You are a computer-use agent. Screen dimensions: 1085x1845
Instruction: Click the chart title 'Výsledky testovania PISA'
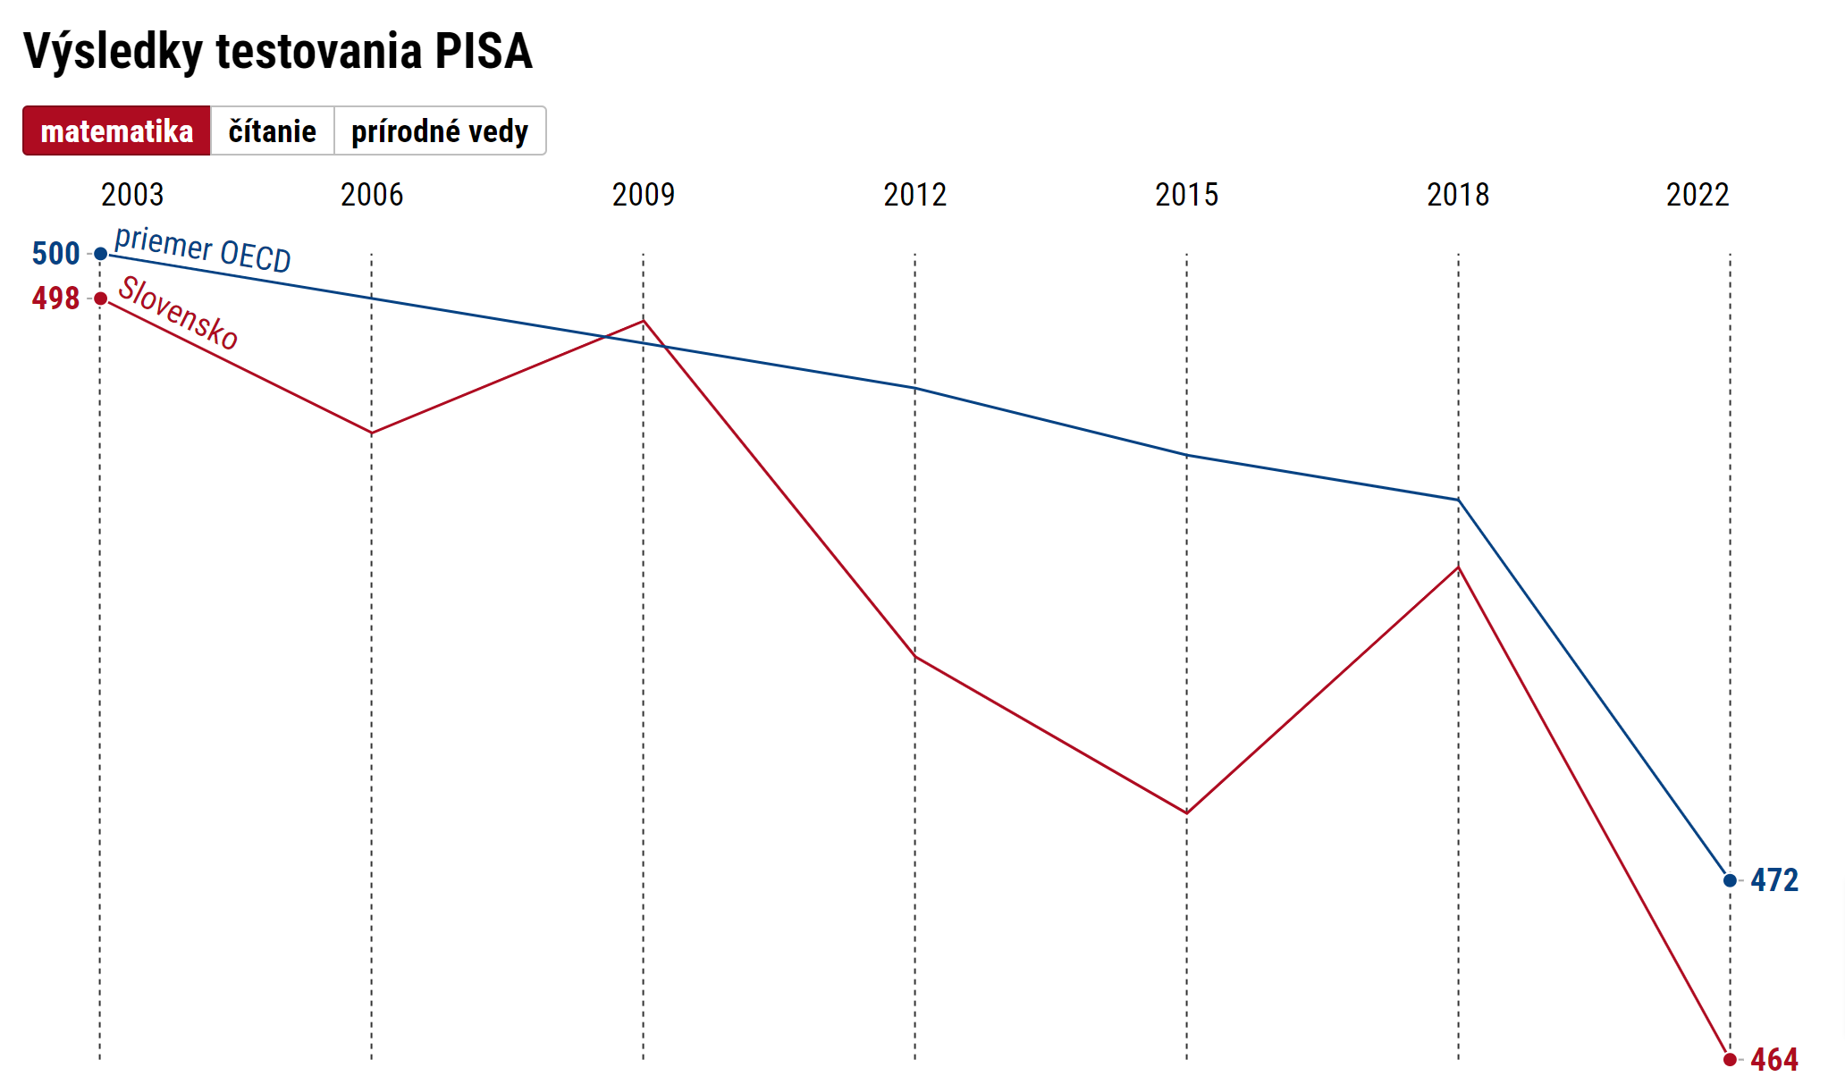(x=278, y=51)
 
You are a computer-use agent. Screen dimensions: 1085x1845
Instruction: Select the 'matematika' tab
(x=117, y=131)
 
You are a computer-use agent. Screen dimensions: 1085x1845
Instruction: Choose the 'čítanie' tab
(x=272, y=131)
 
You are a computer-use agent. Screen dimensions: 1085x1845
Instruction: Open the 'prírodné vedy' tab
(x=440, y=131)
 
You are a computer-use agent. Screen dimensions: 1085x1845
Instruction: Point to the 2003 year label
(x=132, y=195)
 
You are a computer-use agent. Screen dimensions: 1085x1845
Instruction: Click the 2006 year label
(x=372, y=195)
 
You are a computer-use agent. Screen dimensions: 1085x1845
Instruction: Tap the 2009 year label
(x=644, y=195)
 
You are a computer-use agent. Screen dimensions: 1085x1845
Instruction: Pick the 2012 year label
(x=915, y=195)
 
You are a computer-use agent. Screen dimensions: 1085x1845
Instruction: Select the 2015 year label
(x=1187, y=195)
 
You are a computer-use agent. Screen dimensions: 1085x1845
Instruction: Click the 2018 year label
(x=1458, y=195)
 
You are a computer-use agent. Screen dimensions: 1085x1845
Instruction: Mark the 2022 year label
(x=1698, y=195)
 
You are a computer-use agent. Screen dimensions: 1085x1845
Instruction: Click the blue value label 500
(x=55, y=254)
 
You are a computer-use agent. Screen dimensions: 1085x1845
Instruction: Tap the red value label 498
(x=55, y=299)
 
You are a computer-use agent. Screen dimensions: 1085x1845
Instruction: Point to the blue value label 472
(x=1774, y=880)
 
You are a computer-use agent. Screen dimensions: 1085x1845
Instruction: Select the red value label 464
(x=1774, y=1060)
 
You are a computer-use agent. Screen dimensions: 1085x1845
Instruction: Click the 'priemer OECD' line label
(x=203, y=249)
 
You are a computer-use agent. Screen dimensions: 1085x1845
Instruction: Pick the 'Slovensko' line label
(x=179, y=313)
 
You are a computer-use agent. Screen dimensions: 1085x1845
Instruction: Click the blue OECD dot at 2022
(x=1730, y=880)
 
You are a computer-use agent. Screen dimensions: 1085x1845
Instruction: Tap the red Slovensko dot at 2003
(x=101, y=299)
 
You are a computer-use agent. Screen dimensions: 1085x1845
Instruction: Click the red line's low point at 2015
(x=1187, y=812)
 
